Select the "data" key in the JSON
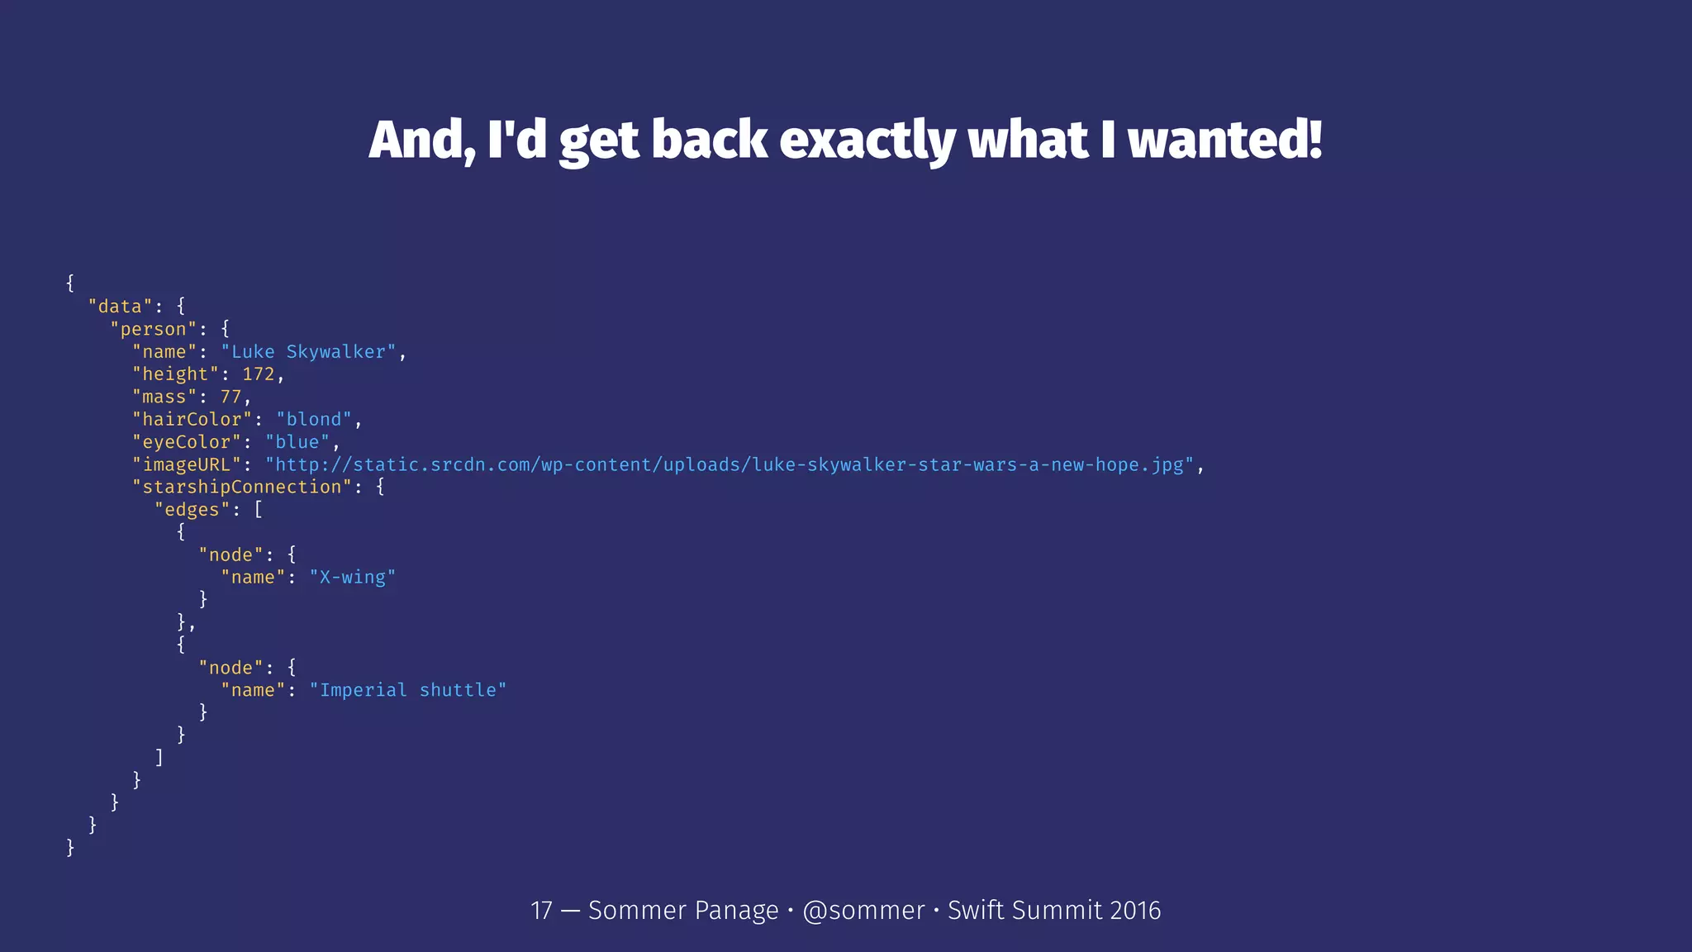[120, 307]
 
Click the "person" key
[154, 329]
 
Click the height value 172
[258, 374]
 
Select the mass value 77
[231, 397]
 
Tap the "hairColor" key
[192, 420]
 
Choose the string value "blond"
[313, 420]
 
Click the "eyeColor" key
[187, 442]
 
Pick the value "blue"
[297, 442]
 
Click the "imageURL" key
[187, 464]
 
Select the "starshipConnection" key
[242, 487]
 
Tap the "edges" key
[192, 510]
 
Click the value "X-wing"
[352, 577]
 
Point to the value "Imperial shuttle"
[407, 690]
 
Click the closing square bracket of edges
[159, 757]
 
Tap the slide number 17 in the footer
[541, 910]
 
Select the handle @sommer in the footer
[863, 910]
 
